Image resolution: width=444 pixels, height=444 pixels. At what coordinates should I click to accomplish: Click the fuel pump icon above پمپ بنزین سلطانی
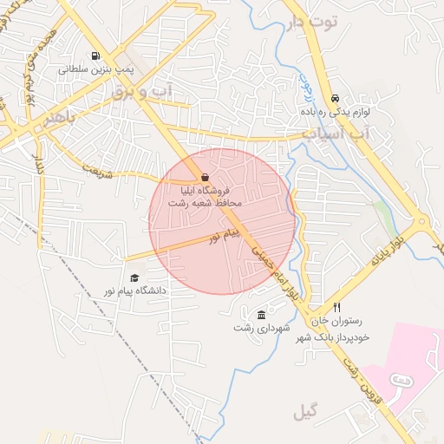[x=93, y=55]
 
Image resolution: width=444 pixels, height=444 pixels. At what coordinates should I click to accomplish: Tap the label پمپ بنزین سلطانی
[x=93, y=69]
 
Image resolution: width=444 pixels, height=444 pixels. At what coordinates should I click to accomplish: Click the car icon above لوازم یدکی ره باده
[x=335, y=98]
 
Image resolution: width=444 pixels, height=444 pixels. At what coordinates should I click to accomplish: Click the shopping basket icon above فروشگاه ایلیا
[x=204, y=177]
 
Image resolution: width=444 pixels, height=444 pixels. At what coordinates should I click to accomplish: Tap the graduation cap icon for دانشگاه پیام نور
[x=134, y=277]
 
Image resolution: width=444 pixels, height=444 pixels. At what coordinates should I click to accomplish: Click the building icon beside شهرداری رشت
[x=262, y=314]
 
